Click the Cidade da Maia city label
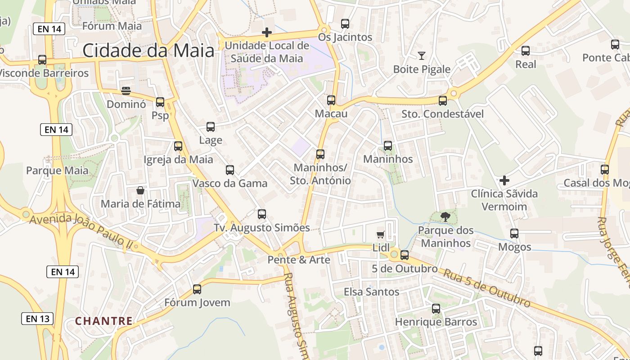pyautogui.click(x=148, y=50)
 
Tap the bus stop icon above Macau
pyautogui.click(x=331, y=100)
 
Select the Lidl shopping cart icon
pyautogui.click(x=381, y=234)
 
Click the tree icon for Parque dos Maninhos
pyautogui.click(x=445, y=217)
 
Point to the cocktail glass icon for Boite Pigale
pyautogui.click(x=422, y=56)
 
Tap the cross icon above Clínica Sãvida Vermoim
pyautogui.click(x=504, y=180)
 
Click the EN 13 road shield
pyautogui.click(x=37, y=319)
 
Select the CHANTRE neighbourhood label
pyautogui.click(x=104, y=321)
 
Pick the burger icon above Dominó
pyautogui.click(x=126, y=91)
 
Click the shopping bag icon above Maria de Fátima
pyautogui.click(x=140, y=190)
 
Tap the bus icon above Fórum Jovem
pyautogui.click(x=197, y=289)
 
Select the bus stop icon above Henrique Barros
pyautogui.click(x=436, y=309)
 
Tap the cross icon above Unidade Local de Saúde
pyautogui.click(x=267, y=32)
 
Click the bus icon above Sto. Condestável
pyautogui.click(x=443, y=100)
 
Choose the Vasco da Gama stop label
pyautogui.click(x=230, y=183)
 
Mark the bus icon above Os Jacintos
pyautogui.click(x=345, y=24)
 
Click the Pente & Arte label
pyautogui.click(x=299, y=260)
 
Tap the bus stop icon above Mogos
pyautogui.click(x=514, y=234)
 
